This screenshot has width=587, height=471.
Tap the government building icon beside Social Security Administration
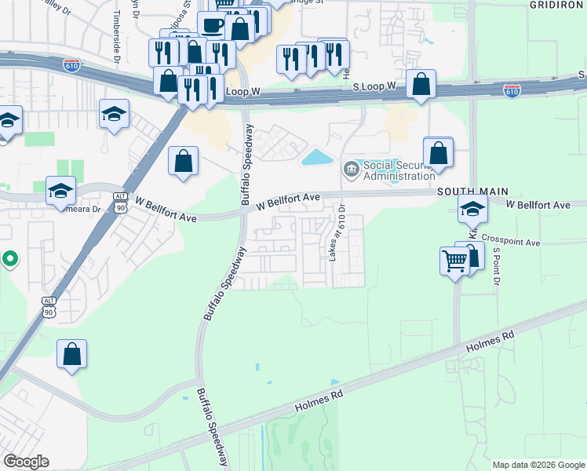click(350, 167)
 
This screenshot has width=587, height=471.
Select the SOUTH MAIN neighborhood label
click(473, 192)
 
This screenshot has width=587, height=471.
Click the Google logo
click(26, 462)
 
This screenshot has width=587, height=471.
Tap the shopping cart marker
click(456, 261)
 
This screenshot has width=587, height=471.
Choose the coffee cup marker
click(212, 25)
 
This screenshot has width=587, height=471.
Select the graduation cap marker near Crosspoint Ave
click(472, 209)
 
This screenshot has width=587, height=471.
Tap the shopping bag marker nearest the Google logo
click(71, 354)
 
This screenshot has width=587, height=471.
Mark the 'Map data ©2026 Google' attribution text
click(539, 465)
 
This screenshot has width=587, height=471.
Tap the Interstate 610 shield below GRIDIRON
click(512, 92)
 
